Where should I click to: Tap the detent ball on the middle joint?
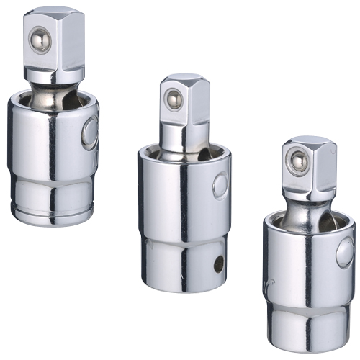point(172,101)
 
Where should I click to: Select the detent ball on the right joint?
point(296,161)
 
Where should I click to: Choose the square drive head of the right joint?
point(309,168)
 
